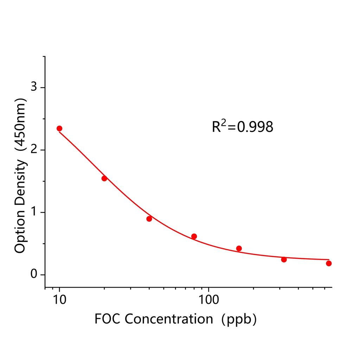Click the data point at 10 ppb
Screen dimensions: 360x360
(59, 128)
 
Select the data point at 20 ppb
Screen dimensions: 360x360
(104, 178)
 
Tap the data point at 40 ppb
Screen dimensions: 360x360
(149, 219)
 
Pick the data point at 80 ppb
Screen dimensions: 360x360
(194, 236)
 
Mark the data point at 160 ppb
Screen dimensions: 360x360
(239, 248)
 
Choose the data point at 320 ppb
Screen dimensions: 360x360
(284, 259)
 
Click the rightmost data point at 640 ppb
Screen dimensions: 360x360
(329, 263)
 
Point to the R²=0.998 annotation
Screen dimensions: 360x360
(242, 127)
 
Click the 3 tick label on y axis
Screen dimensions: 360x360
(34, 87)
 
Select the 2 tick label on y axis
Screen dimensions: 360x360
(34, 150)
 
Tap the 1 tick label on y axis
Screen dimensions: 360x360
(34, 212)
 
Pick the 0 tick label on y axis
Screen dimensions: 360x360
(34, 275)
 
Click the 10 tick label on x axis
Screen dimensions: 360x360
(59, 301)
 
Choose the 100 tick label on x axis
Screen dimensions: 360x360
(208, 301)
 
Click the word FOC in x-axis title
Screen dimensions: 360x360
(108, 319)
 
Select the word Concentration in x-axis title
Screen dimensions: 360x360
(169, 319)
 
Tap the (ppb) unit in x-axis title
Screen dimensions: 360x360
(239, 319)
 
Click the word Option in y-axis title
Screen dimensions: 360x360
(20, 232)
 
